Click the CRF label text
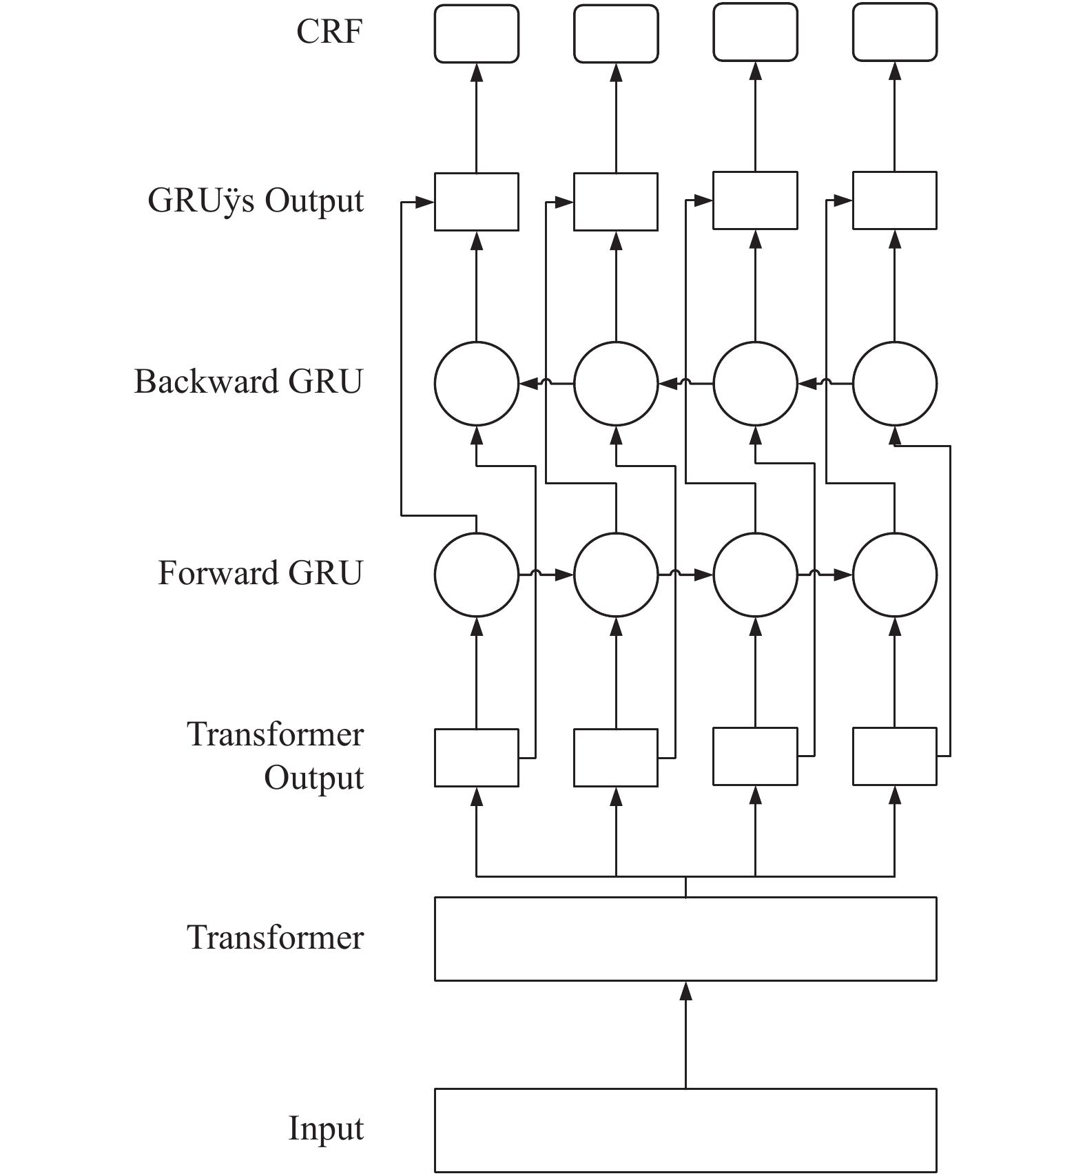[x=329, y=32]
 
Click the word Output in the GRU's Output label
[x=315, y=201]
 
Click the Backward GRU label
[x=248, y=382]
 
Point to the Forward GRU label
[x=260, y=573]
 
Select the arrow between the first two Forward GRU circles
[x=546, y=575]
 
